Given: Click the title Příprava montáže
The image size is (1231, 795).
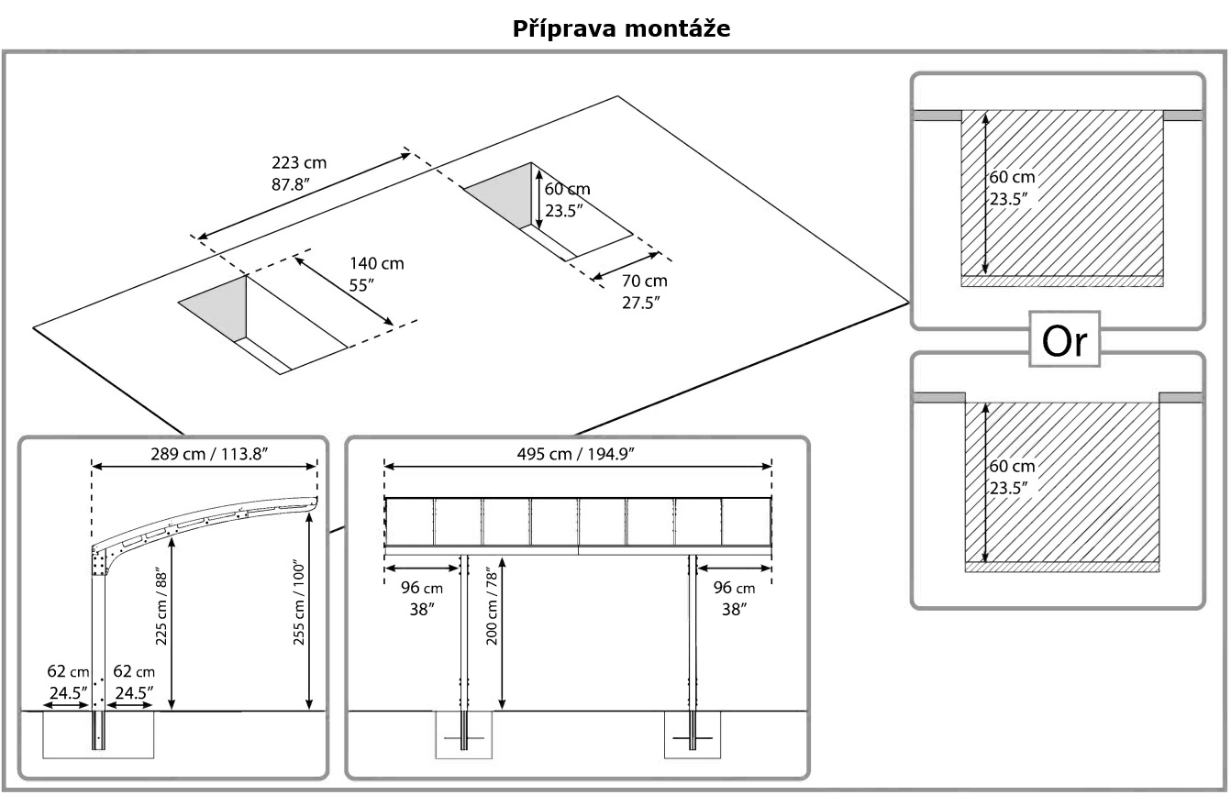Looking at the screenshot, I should click(621, 28).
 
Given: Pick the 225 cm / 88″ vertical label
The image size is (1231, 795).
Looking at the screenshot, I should click(162, 606).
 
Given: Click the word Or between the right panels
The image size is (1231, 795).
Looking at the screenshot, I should click(1065, 341).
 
